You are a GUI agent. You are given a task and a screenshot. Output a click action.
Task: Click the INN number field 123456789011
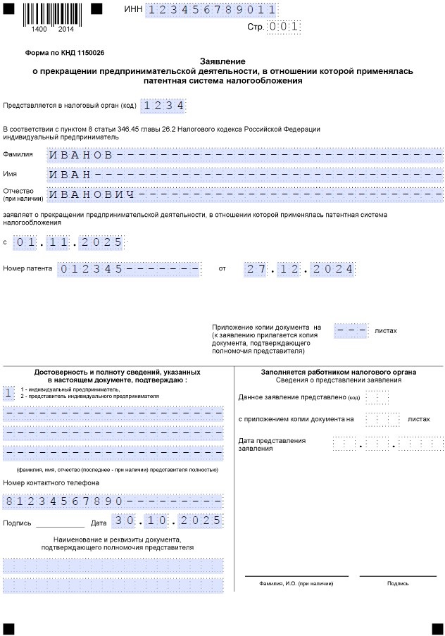(x=212, y=9)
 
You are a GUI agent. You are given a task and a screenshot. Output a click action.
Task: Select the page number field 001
(x=284, y=27)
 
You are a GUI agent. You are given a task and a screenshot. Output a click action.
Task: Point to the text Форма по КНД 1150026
(x=65, y=53)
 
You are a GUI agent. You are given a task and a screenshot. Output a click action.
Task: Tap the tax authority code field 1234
(x=163, y=106)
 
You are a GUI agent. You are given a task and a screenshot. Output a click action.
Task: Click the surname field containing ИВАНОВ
(x=245, y=155)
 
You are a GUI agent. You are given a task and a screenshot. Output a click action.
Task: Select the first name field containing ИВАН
(x=245, y=173)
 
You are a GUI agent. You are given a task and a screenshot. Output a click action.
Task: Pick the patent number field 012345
(x=130, y=269)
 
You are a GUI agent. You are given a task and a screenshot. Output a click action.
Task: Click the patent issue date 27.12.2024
(x=299, y=269)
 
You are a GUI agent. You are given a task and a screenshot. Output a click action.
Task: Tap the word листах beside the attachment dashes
(x=386, y=329)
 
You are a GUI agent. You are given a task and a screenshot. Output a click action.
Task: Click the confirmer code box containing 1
(x=8, y=392)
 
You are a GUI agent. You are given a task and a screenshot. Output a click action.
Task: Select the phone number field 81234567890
(x=113, y=501)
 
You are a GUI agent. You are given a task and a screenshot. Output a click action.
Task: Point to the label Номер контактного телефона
(x=51, y=483)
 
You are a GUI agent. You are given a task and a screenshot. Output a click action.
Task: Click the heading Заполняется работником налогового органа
(x=338, y=372)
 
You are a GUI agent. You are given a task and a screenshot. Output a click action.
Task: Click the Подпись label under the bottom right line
(x=397, y=583)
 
